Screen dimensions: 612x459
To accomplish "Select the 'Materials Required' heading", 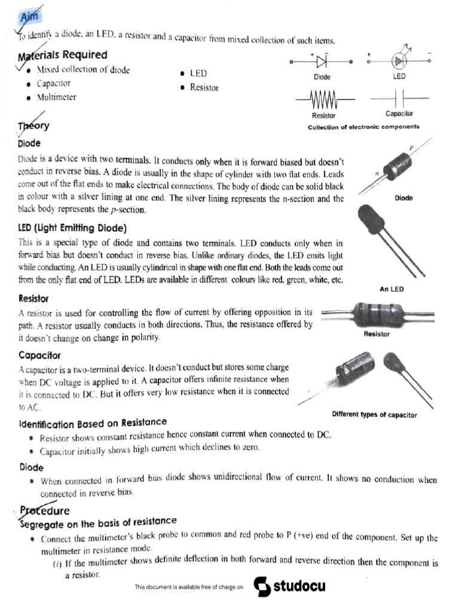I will pos(63,56).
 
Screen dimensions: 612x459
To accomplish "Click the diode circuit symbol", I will pos(322,61).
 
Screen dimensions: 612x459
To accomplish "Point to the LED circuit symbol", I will pos(399,61).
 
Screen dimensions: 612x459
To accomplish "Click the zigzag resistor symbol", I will pos(323,97).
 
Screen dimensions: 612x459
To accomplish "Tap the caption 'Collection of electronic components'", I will pos(363,127).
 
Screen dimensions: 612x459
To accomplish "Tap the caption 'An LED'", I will pos(391,289).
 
